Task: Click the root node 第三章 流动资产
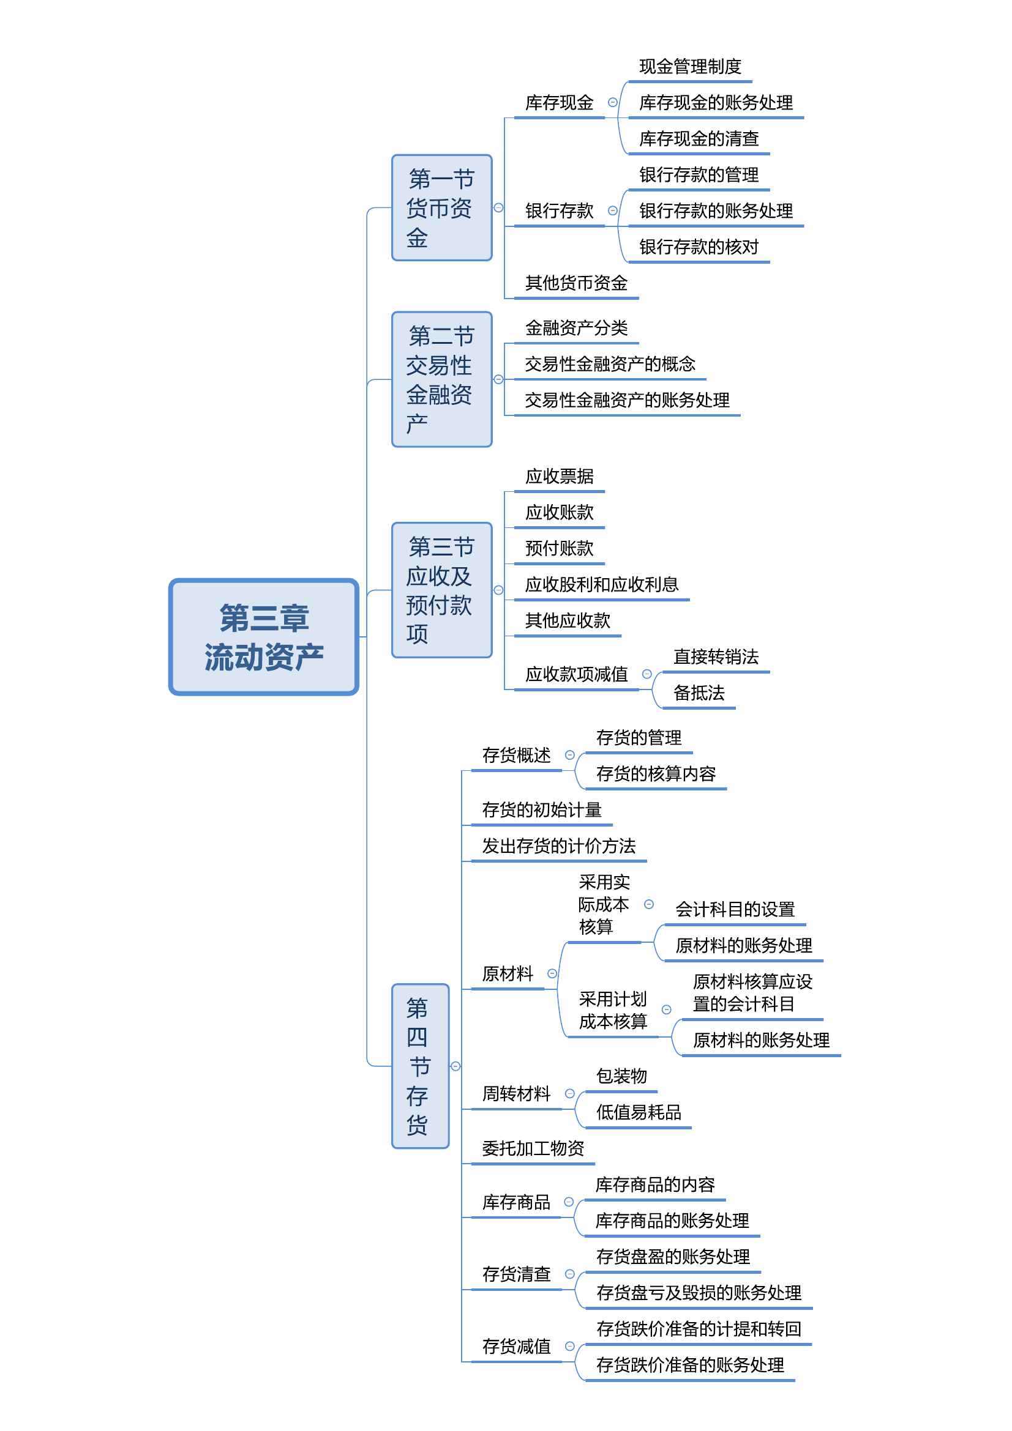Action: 264,636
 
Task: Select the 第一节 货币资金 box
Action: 441,207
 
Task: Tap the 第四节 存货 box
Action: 420,1066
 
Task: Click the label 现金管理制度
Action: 690,67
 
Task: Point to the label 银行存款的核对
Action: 699,247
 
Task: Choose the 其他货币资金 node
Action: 576,284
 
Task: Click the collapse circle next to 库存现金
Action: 612,102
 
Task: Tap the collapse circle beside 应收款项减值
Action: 647,674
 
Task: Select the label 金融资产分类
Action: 576,329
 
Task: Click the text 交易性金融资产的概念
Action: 610,365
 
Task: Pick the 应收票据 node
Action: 560,477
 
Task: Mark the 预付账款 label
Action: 560,548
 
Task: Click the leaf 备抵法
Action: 699,693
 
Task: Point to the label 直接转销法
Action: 716,657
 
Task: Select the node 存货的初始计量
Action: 542,810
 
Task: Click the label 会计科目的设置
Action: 735,910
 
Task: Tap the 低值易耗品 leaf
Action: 639,1112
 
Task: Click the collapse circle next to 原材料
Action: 552,973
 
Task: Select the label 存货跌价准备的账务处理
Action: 690,1366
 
